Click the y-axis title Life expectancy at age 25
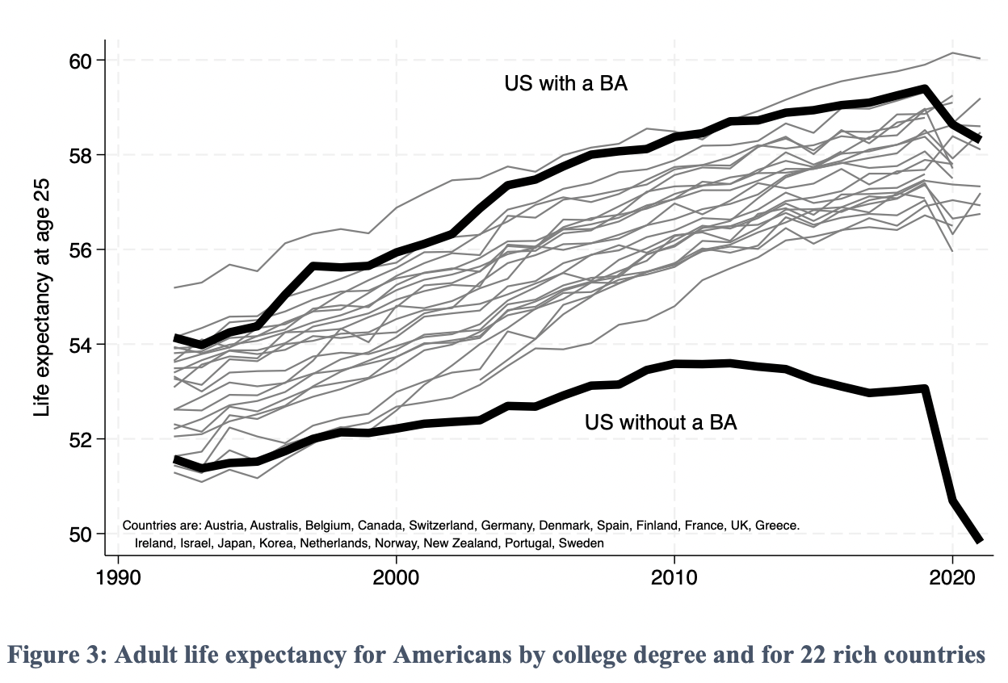42,297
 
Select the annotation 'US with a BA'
565,83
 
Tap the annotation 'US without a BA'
660,421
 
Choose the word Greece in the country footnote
778,526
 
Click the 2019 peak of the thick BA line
925,89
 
